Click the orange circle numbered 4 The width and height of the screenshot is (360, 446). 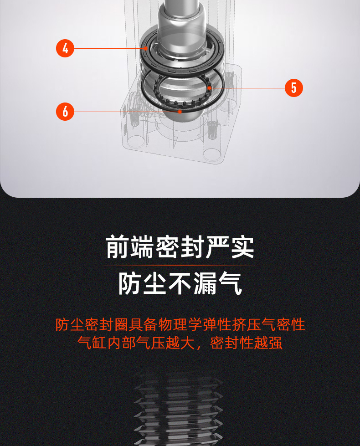(65, 48)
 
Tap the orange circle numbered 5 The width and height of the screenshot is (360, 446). (293, 88)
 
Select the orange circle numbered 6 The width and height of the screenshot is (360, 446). (65, 112)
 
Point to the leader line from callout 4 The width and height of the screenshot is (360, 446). (109, 48)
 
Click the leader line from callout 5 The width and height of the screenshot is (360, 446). (247, 88)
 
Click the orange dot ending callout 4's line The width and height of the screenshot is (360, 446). (146, 48)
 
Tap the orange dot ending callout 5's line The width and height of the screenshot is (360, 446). (210, 88)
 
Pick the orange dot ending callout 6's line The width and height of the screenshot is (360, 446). (180, 112)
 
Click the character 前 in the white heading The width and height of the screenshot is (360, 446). (117, 247)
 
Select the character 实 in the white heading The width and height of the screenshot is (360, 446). (242, 247)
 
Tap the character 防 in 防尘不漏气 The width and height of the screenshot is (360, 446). (130, 283)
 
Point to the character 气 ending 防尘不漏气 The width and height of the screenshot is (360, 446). (230, 283)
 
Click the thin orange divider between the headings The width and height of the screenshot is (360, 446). (180, 266)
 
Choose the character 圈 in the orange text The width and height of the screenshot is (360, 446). (121, 324)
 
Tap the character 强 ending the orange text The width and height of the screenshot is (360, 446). (275, 343)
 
